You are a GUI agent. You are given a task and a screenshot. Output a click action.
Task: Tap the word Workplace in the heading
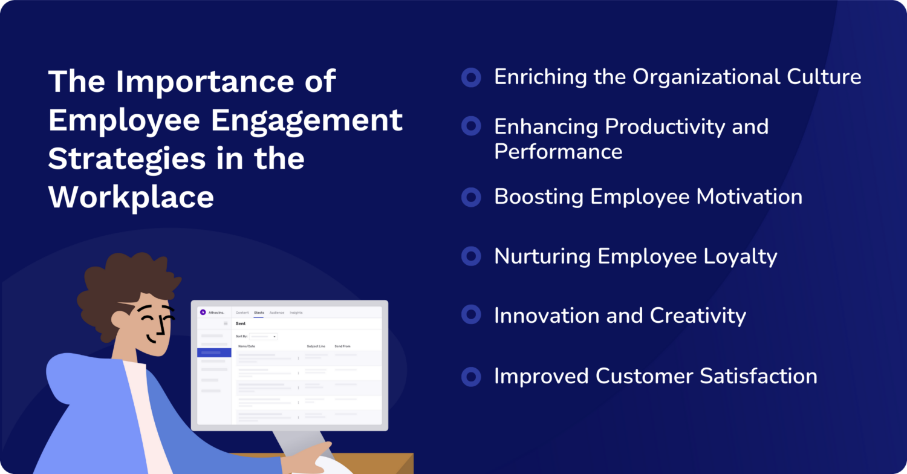[x=131, y=196]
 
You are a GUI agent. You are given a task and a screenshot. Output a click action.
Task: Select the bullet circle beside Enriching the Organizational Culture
[x=471, y=77]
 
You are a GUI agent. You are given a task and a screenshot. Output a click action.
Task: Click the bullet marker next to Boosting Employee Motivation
[x=471, y=197]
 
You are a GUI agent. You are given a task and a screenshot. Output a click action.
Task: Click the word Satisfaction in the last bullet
[x=758, y=376]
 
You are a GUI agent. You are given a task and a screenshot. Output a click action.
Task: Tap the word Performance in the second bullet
[x=558, y=151]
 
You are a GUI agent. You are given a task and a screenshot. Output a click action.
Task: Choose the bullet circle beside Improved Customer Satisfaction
[x=471, y=377]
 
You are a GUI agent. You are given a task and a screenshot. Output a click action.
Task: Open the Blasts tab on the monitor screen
[x=259, y=313]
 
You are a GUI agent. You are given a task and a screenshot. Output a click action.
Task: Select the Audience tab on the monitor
[x=276, y=313]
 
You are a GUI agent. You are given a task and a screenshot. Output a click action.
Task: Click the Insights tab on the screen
[x=296, y=313]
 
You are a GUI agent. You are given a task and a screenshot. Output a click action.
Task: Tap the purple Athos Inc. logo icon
[x=203, y=313]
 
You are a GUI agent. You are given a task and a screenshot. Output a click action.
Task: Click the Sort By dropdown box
[x=264, y=336]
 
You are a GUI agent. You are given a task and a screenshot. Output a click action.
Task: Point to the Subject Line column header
[x=316, y=346]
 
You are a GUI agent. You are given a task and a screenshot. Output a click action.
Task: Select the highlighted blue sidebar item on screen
[x=214, y=352]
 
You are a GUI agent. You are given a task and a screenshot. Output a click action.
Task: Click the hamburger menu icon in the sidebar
[x=226, y=323]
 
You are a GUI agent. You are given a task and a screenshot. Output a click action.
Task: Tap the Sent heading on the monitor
[x=241, y=323]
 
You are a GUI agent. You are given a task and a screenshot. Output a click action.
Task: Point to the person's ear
[x=120, y=319]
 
